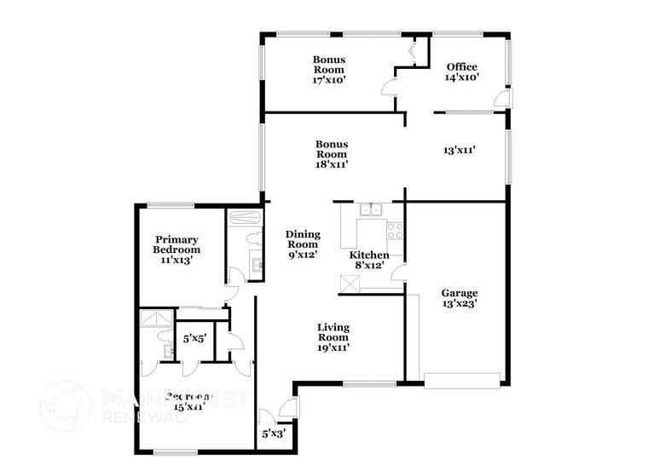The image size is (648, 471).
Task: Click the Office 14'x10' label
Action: point(462,72)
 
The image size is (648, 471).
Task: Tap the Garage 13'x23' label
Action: point(460,298)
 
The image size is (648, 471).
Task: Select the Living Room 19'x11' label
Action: point(333,337)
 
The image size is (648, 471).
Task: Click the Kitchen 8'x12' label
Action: point(369,260)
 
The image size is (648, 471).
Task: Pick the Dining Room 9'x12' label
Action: point(303,244)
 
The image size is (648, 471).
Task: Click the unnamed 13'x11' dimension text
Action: point(459,151)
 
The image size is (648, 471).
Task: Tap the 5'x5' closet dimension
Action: point(194,339)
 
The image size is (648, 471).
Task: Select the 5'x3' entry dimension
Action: point(272,434)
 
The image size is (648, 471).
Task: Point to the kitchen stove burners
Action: point(395,230)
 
